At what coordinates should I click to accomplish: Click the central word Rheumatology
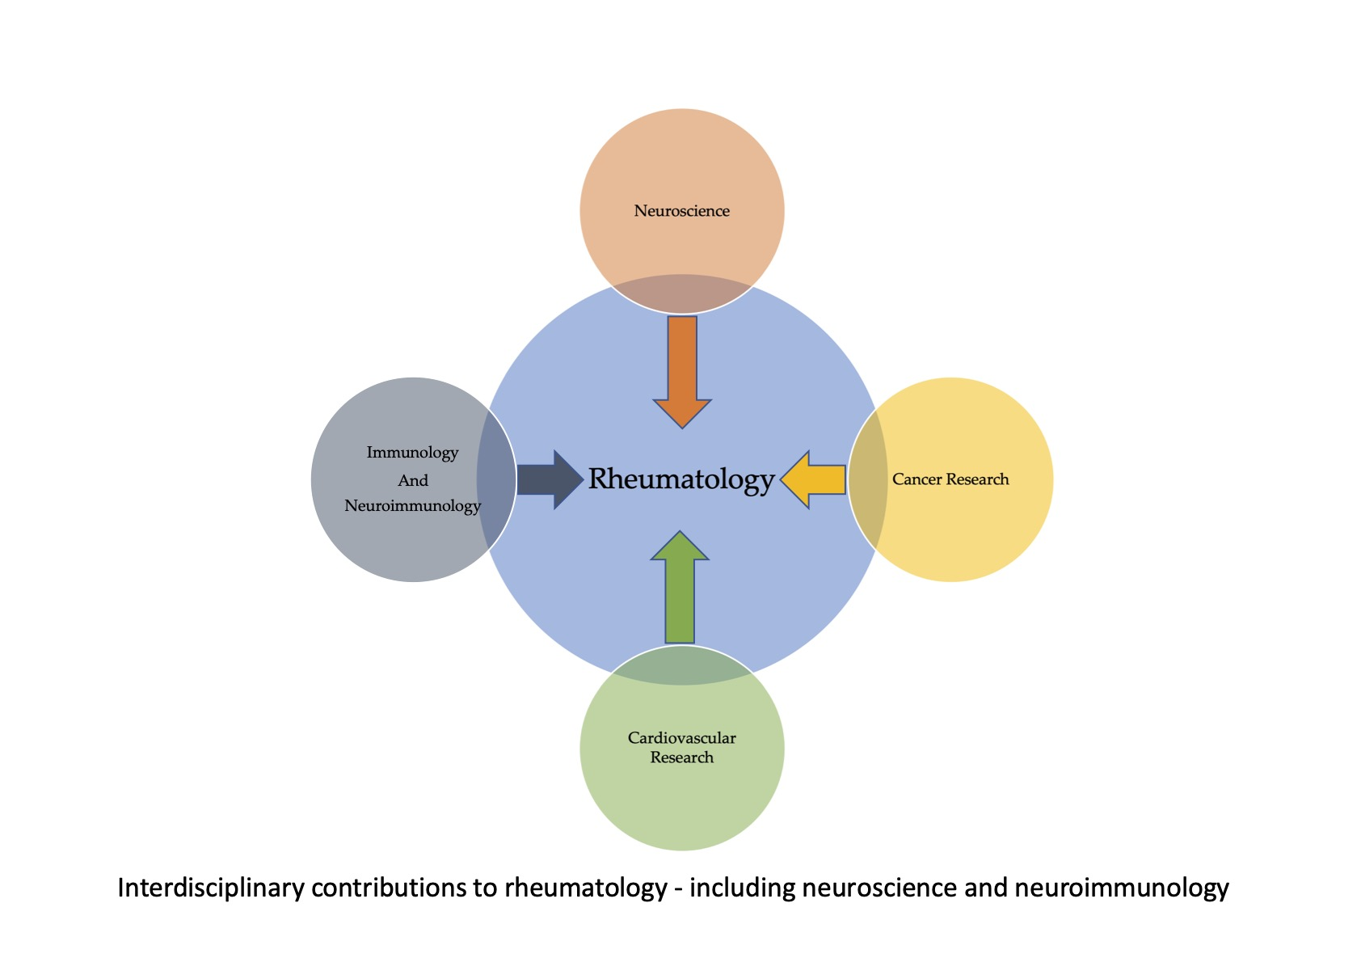(x=681, y=479)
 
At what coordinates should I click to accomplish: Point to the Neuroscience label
(x=681, y=211)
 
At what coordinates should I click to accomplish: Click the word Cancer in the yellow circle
(x=916, y=479)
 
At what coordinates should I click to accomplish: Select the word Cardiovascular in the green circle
(x=681, y=737)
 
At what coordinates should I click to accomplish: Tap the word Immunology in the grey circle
(x=412, y=453)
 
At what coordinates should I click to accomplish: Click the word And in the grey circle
(x=412, y=480)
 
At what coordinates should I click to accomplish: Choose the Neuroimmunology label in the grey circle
(x=412, y=506)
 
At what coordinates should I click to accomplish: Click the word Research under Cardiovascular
(x=681, y=757)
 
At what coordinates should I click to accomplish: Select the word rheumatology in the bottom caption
(x=586, y=888)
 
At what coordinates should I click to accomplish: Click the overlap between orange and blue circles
(x=682, y=294)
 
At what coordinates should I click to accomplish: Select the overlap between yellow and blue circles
(x=867, y=479)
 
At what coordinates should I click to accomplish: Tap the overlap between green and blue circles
(x=681, y=665)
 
